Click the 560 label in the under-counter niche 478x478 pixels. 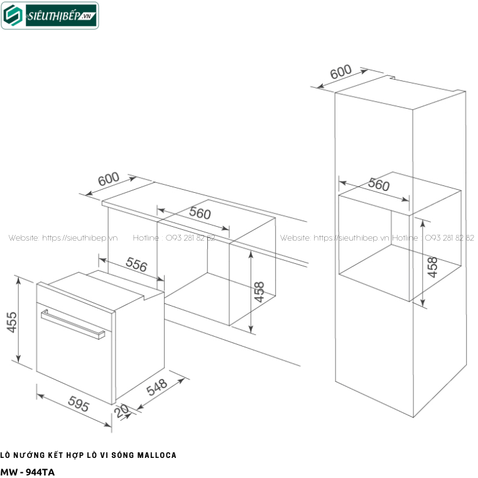pos(200,213)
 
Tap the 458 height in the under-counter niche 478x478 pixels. pos(259,292)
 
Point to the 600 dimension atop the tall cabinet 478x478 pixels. pos(340,73)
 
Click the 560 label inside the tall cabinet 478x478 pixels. pos(379,185)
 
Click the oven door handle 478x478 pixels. pos(72,323)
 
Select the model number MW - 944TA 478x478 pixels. pos(28,470)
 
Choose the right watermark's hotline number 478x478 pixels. pos(450,238)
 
